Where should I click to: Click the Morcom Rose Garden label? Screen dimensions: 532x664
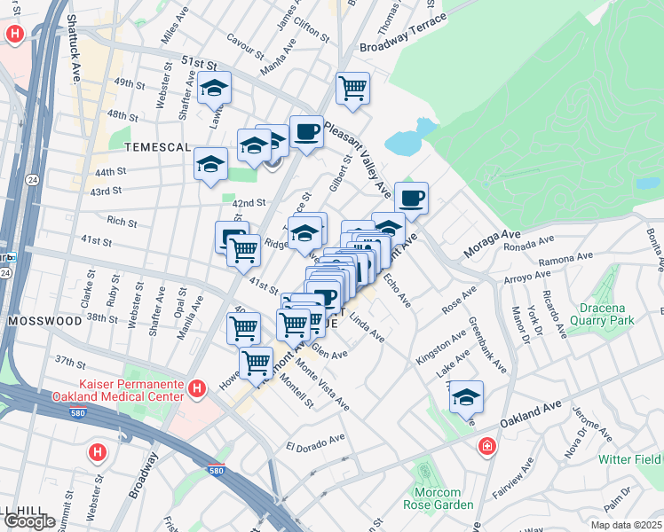point(437,498)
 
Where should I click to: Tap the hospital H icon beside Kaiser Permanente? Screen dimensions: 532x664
point(198,387)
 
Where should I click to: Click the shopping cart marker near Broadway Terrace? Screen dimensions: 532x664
point(352,88)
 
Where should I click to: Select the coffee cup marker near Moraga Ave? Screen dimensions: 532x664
point(410,198)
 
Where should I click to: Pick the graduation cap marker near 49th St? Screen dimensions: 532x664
point(214,88)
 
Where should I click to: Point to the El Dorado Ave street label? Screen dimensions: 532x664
point(315,442)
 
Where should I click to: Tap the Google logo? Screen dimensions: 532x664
point(28,521)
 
